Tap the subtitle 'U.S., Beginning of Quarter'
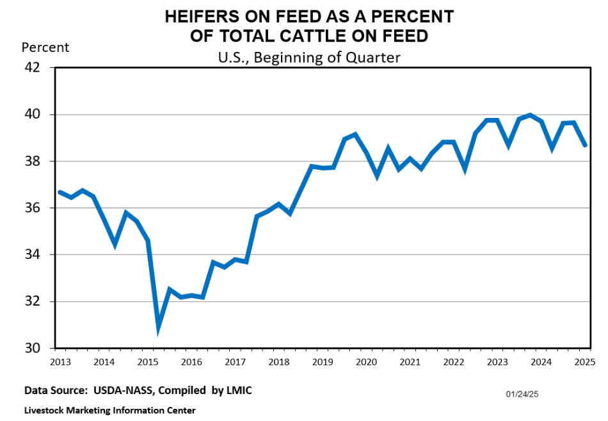coord(308,57)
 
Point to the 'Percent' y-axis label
coord(45,47)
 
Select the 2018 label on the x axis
coord(279,362)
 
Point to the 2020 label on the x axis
coord(366,362)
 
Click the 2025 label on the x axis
coord(584,362)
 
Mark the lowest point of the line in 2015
coord(159,329)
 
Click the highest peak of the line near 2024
coord(530,115)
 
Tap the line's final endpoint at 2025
coord(585,145)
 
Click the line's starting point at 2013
coord(59,192)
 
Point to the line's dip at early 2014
coord(115,244)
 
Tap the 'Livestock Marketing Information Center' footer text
coord(109,410)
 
